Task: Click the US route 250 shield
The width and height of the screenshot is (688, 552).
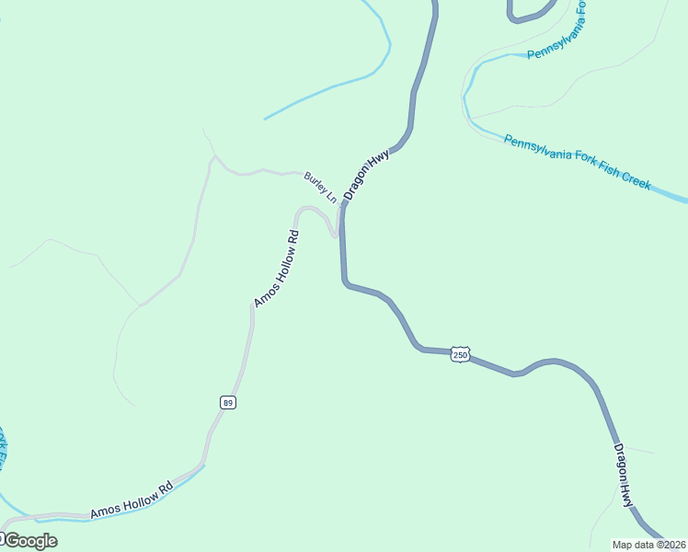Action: click(461, 354)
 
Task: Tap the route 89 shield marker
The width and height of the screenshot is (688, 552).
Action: click(227, 402)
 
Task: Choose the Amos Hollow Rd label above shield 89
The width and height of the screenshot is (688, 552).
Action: click(277, 268)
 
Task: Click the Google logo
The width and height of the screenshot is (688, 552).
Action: click(29, 541)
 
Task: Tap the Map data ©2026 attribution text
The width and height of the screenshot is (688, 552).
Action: click(649, 545)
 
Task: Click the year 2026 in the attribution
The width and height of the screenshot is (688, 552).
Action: click(673, 545)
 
